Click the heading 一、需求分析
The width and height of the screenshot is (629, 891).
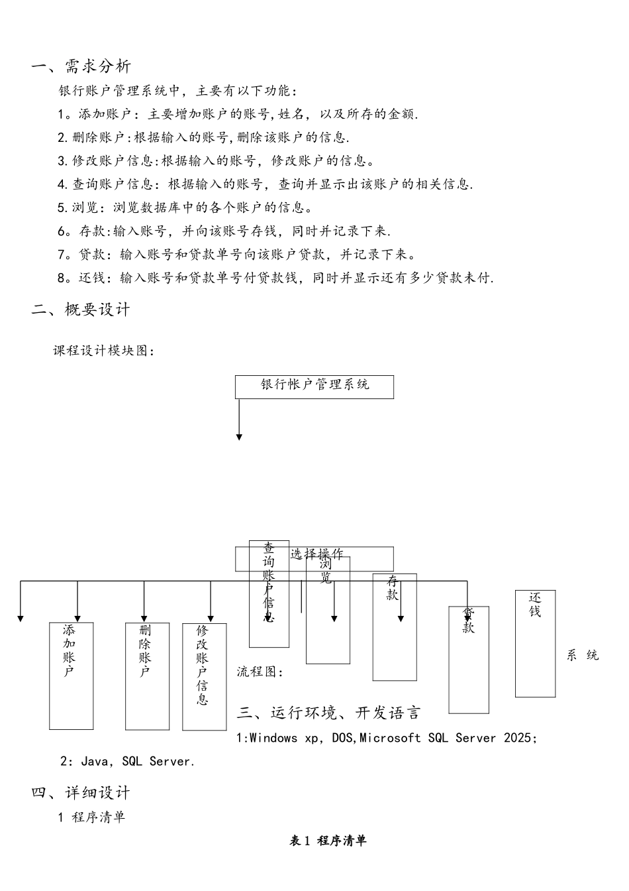81,66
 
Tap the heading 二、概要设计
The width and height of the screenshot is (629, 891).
81,310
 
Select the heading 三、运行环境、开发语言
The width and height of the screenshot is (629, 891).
329,713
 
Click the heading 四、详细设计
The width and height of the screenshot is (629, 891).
81,793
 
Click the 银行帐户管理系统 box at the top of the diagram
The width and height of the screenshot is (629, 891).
314,386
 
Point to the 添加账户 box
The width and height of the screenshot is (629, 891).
71,675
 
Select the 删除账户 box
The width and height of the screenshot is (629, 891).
147,675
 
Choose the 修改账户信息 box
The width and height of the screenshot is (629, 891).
204,676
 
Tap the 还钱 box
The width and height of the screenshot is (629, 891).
535,643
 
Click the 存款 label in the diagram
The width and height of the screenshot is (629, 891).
393,588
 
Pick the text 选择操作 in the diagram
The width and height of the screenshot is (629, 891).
316,554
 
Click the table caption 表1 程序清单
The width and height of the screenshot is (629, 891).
328,841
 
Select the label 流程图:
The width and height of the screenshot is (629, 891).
260,672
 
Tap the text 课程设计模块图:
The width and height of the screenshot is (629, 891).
104,351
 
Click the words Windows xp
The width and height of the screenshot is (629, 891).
284,738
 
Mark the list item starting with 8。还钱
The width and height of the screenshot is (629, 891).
275,278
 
